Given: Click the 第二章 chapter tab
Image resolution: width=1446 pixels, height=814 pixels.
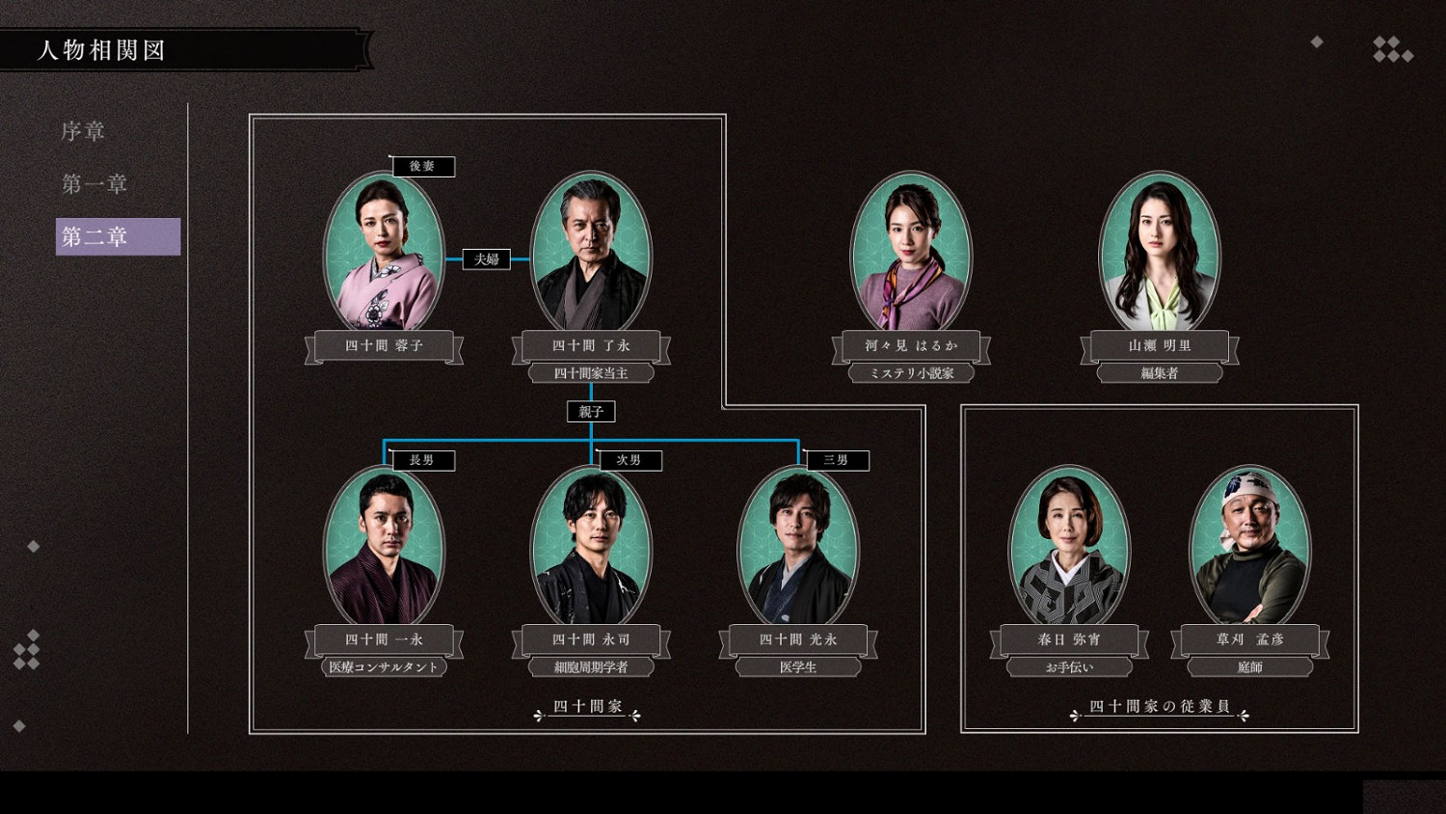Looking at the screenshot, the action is (117, 236).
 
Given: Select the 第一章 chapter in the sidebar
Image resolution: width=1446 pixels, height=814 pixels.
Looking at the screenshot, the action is (94, 183).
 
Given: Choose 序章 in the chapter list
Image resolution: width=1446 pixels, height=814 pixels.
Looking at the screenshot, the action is (83, 131).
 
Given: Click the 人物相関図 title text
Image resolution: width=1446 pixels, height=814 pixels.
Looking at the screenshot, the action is (101, 50).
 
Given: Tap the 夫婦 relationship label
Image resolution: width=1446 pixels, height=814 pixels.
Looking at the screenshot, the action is (486, 258).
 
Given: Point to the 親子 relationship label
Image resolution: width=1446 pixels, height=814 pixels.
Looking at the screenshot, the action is (590, 412).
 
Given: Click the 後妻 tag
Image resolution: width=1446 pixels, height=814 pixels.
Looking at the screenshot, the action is (422, 167).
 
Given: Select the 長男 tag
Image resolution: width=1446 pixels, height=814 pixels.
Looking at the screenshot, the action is (422, 460).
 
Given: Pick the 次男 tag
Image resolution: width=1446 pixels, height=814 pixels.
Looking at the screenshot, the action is (629, 460).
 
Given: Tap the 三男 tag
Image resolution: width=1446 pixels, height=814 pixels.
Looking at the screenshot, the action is (836, 460).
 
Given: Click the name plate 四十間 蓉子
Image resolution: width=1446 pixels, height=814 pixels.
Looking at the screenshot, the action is (384, 345).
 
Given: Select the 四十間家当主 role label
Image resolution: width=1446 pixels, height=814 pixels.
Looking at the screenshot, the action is (591, 373).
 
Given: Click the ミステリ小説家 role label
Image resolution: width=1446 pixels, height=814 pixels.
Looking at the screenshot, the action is (911, 373).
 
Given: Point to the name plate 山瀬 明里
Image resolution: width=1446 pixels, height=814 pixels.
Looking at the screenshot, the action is (1159, 345).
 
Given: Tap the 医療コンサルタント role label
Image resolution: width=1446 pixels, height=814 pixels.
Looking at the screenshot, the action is (384, 666).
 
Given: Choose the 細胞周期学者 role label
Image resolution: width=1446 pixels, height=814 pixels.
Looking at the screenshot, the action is (591, 666).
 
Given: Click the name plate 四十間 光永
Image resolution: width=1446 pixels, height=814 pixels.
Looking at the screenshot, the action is (798, 639).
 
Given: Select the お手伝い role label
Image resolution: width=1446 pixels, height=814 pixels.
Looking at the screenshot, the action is (1069, 666).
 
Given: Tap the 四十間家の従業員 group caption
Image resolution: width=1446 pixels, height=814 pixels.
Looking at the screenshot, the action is (1159, 707).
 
